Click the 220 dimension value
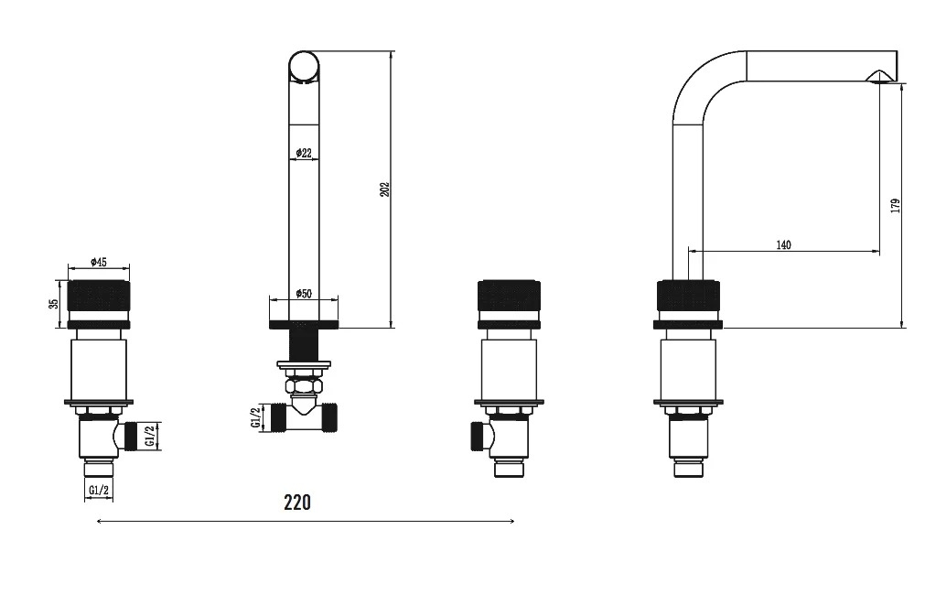[297, 502]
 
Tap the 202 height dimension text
[384, 189]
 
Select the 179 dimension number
[896, 206]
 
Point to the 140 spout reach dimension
[783, 244]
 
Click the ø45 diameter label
[99, 262]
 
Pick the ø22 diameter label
[303, 153]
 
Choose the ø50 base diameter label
[303, 294]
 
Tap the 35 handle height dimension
[54, 304]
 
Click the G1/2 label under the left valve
[99, 490]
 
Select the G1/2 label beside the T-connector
[256, 417]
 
